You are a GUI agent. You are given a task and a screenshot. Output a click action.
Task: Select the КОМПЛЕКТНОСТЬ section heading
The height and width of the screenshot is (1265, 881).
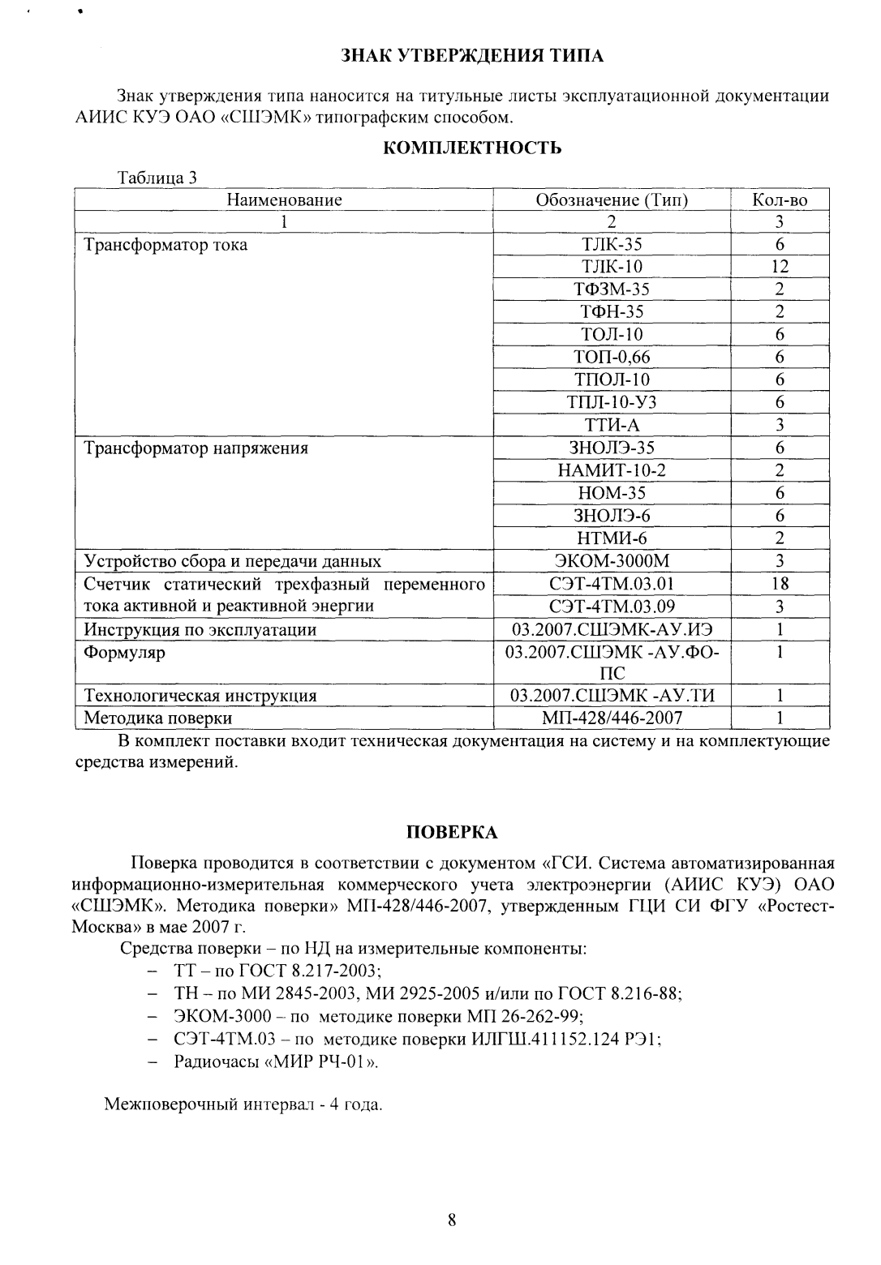(471, 148)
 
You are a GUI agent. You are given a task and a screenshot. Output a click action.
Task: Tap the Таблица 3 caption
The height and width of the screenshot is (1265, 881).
(157, 178)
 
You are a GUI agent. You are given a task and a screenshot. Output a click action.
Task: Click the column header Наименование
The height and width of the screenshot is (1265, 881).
(284, 199)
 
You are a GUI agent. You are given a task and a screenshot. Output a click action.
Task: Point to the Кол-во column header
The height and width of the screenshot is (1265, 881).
(780, 199)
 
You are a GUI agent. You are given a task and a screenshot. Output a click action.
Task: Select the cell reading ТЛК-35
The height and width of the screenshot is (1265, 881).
(612, 244)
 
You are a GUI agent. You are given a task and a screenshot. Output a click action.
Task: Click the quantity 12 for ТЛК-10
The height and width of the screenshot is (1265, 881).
(780, 267)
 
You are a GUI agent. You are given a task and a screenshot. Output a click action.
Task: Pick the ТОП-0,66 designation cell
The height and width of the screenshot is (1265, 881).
(612, 357)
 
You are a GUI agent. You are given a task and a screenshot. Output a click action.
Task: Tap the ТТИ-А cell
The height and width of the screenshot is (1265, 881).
(612, 425)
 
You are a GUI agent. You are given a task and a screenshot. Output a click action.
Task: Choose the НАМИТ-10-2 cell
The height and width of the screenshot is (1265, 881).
(612, 470)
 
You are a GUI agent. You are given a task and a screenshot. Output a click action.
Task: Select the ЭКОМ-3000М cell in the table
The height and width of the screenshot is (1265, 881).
(612, 561)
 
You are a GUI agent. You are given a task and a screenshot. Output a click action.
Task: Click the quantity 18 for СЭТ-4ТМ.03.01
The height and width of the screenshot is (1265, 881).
(780, 584)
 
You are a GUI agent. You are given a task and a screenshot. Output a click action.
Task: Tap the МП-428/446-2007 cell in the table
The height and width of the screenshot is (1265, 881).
(612, 718)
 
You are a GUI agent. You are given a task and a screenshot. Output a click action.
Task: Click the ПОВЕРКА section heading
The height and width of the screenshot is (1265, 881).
(451, 833)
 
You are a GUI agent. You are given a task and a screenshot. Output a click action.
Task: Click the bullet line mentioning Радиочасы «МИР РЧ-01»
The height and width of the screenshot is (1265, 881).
(276, 1061)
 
